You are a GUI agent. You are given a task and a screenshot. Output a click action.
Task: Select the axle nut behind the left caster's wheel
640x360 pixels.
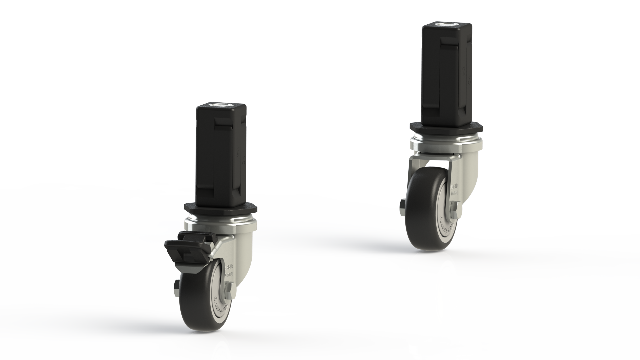tap(176, 287)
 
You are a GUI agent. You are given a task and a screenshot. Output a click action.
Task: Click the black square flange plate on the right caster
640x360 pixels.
tap(447, 128)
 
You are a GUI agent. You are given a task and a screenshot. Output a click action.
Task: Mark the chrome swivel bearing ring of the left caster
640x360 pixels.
tap(220, 220)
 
